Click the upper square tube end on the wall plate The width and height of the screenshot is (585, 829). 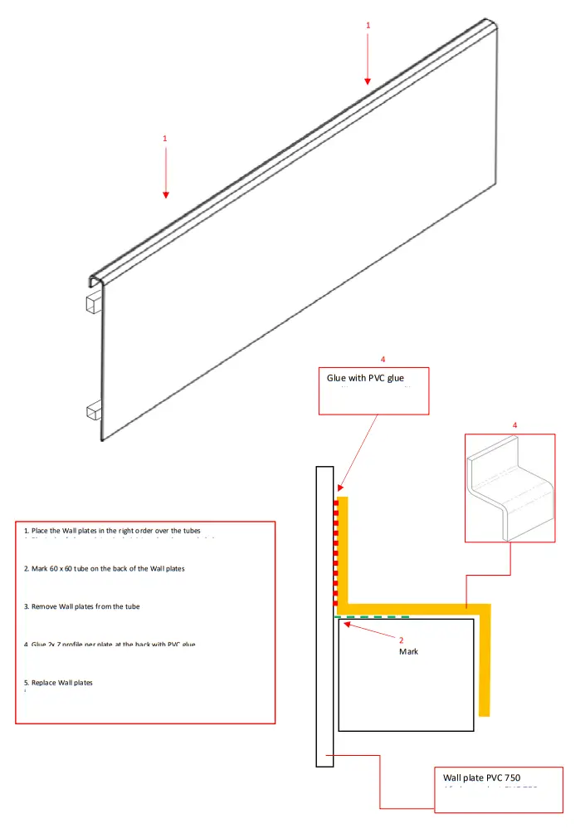pos(92,304)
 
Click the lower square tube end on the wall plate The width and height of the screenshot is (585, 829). pos(92,410)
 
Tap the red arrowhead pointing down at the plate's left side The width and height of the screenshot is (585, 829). pos(166,194)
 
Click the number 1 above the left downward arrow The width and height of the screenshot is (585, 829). pos(165,138)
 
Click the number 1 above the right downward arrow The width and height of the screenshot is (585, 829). pos(368,26)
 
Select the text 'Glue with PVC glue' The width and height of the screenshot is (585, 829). pos(366,379)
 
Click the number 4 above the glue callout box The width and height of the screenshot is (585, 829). pos(383,359)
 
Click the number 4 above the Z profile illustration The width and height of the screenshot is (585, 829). pos(515,425)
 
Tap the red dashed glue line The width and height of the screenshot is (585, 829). pos(336,552)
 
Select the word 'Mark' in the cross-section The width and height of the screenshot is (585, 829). pos(408,652)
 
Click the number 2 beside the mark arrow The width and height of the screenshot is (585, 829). pos(401,640)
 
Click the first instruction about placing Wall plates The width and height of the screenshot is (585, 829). pos(112,531)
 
